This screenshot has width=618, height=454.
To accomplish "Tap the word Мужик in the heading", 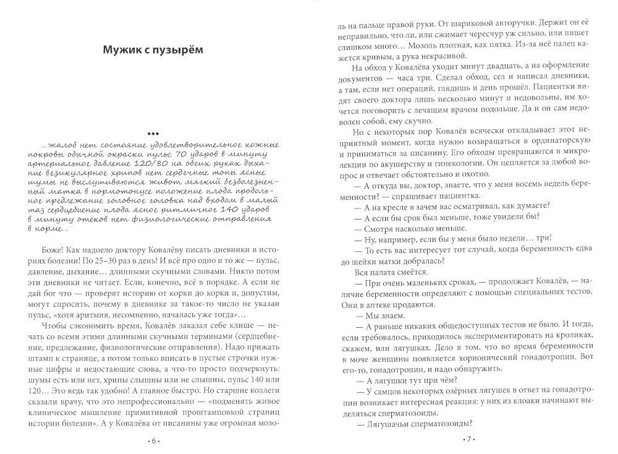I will click(x=126, y=51).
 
